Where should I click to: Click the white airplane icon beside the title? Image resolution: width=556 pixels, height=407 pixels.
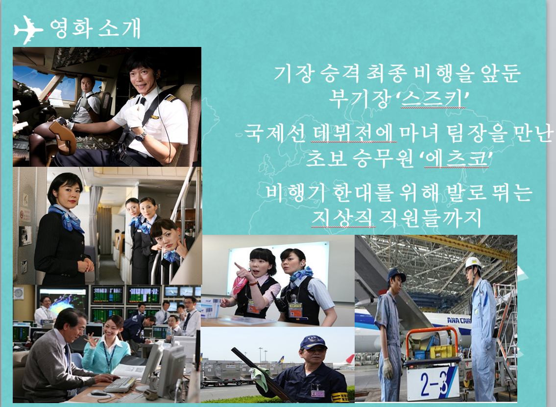coord(27,29)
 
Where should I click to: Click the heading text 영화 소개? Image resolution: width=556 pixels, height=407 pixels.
coord(96,28)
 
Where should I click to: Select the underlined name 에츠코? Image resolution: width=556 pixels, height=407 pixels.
coord(455,158)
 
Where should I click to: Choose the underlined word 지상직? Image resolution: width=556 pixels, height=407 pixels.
coord(343,218)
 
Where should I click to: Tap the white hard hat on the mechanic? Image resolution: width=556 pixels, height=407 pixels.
coord(473,263)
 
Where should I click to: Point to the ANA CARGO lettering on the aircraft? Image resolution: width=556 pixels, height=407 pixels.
coord(459,320)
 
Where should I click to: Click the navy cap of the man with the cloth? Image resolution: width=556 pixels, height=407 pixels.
coord(313,342)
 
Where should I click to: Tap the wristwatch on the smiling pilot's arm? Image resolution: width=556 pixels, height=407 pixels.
coord(141,135)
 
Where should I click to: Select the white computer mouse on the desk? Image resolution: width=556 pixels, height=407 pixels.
coord(98,393)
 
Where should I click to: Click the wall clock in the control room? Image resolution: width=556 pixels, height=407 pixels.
coord(19,293)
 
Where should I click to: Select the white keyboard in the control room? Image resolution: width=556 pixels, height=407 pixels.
coord(120,384)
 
